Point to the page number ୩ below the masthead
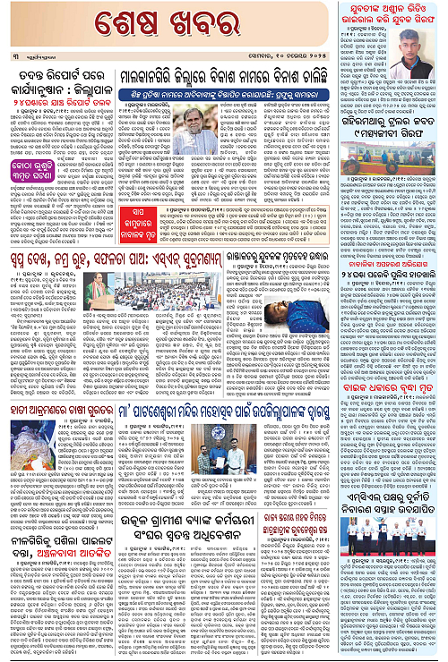coord(16,56)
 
